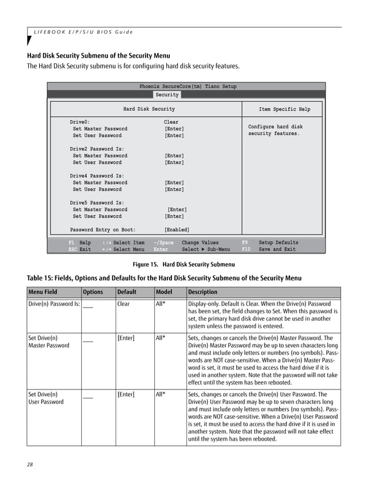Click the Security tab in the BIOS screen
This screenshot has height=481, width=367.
(x=167, y=94)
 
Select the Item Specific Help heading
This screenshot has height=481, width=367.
(x=284, y=109)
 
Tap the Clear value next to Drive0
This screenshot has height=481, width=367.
(x=171, y=122)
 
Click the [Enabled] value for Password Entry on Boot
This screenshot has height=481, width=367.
(x=177, y=230)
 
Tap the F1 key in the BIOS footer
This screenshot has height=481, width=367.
(x=71, y=243)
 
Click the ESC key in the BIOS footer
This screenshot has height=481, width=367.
(x=72, y=249)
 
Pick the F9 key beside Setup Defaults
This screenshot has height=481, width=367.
(x=244, y=243)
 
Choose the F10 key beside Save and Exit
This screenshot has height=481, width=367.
(x=246, y=249)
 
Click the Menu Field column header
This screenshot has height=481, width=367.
(x=43, y=291)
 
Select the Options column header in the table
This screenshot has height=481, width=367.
(x=93, y=291)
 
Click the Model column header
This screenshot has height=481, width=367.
(x=164, y=291)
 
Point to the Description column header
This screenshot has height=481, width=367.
(x=202, y=291)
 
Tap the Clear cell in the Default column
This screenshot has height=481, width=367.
(x=124, y=304)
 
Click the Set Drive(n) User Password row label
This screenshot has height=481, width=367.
(x=46, y=398)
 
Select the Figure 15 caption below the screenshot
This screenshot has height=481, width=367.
(x=183, y=264)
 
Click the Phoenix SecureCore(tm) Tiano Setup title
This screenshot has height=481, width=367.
(x=188, y=86)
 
